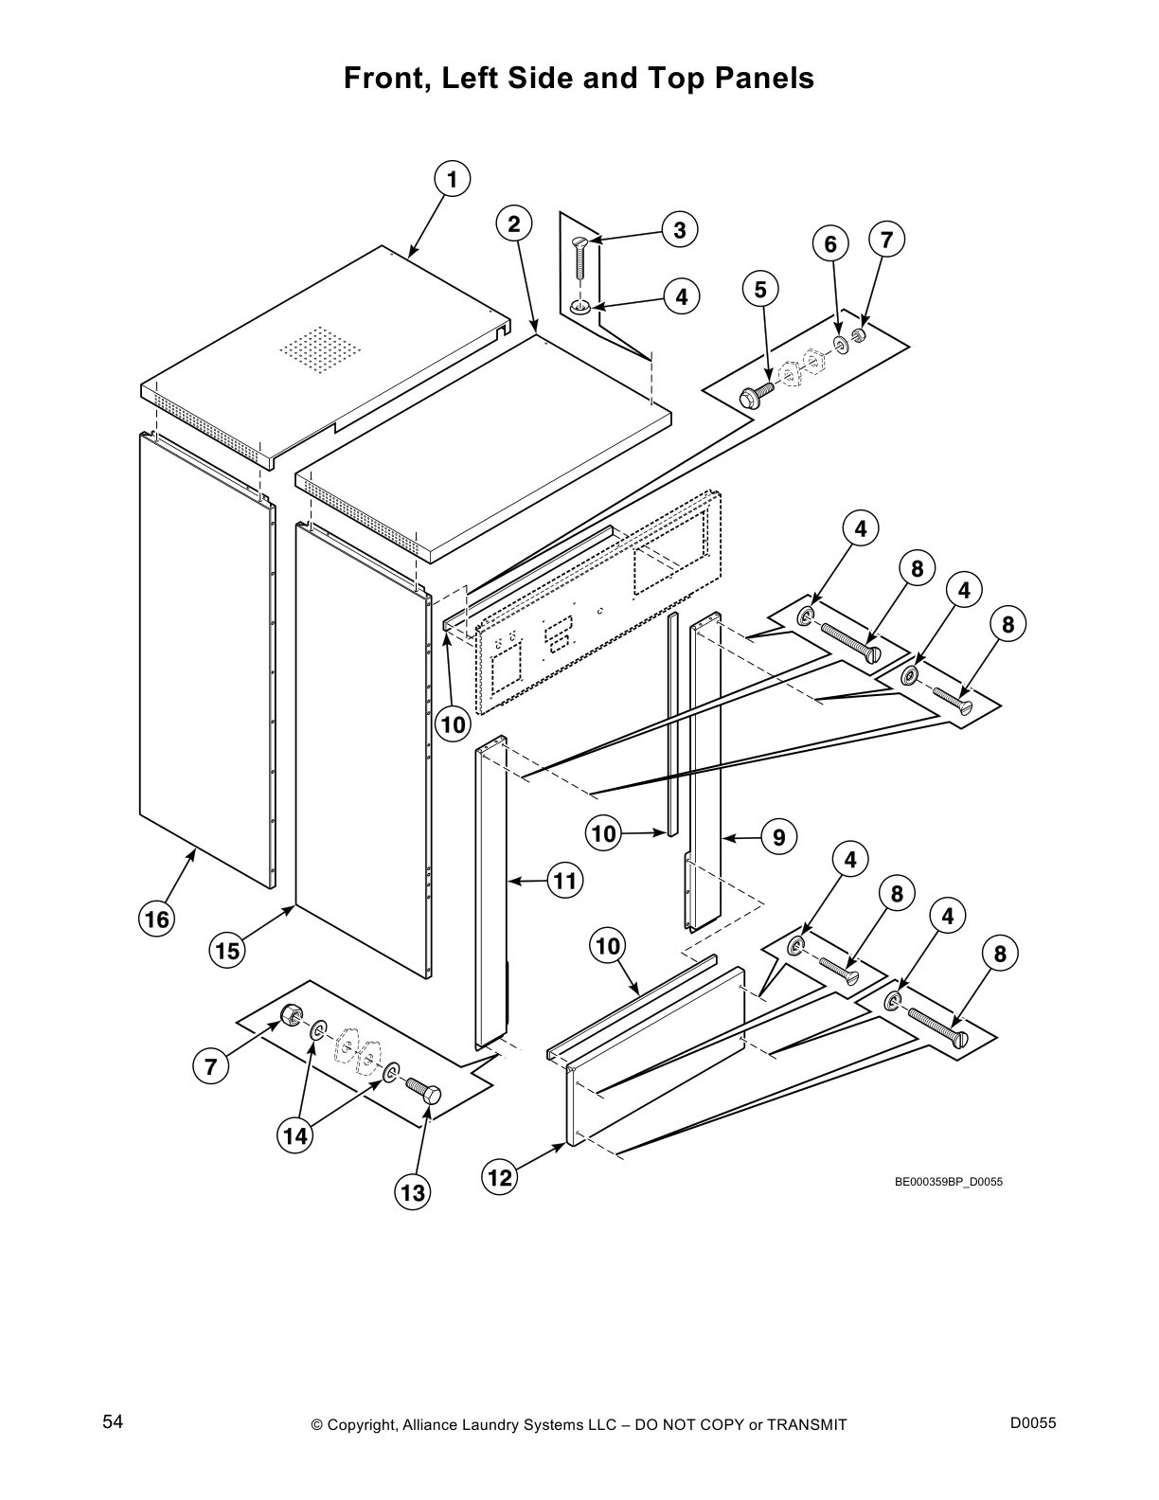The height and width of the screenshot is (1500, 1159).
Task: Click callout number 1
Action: tap(453, 179)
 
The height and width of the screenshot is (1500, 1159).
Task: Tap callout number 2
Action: tap(513, 223)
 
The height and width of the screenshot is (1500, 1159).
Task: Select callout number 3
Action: tap(680, 229)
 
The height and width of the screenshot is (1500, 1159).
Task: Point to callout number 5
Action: tap(760, 289)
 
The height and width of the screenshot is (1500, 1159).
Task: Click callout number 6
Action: tap(830, 244)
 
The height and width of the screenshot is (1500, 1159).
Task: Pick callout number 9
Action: tap(778, 837)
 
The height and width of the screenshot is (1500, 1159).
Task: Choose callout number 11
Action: tap(564, 881)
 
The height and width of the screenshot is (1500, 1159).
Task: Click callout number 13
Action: tap(413, 1193)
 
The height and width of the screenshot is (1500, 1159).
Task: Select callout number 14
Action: tap(296, 1135)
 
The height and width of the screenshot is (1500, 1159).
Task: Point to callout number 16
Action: tap(156, 919)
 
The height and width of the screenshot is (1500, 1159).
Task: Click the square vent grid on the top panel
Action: tap(320, 348)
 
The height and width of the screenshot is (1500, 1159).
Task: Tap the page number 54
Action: tap(114, 1422)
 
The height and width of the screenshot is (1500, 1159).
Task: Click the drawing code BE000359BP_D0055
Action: tap(948, 1182)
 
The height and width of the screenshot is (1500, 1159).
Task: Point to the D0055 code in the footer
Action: tap(1033, 1422)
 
